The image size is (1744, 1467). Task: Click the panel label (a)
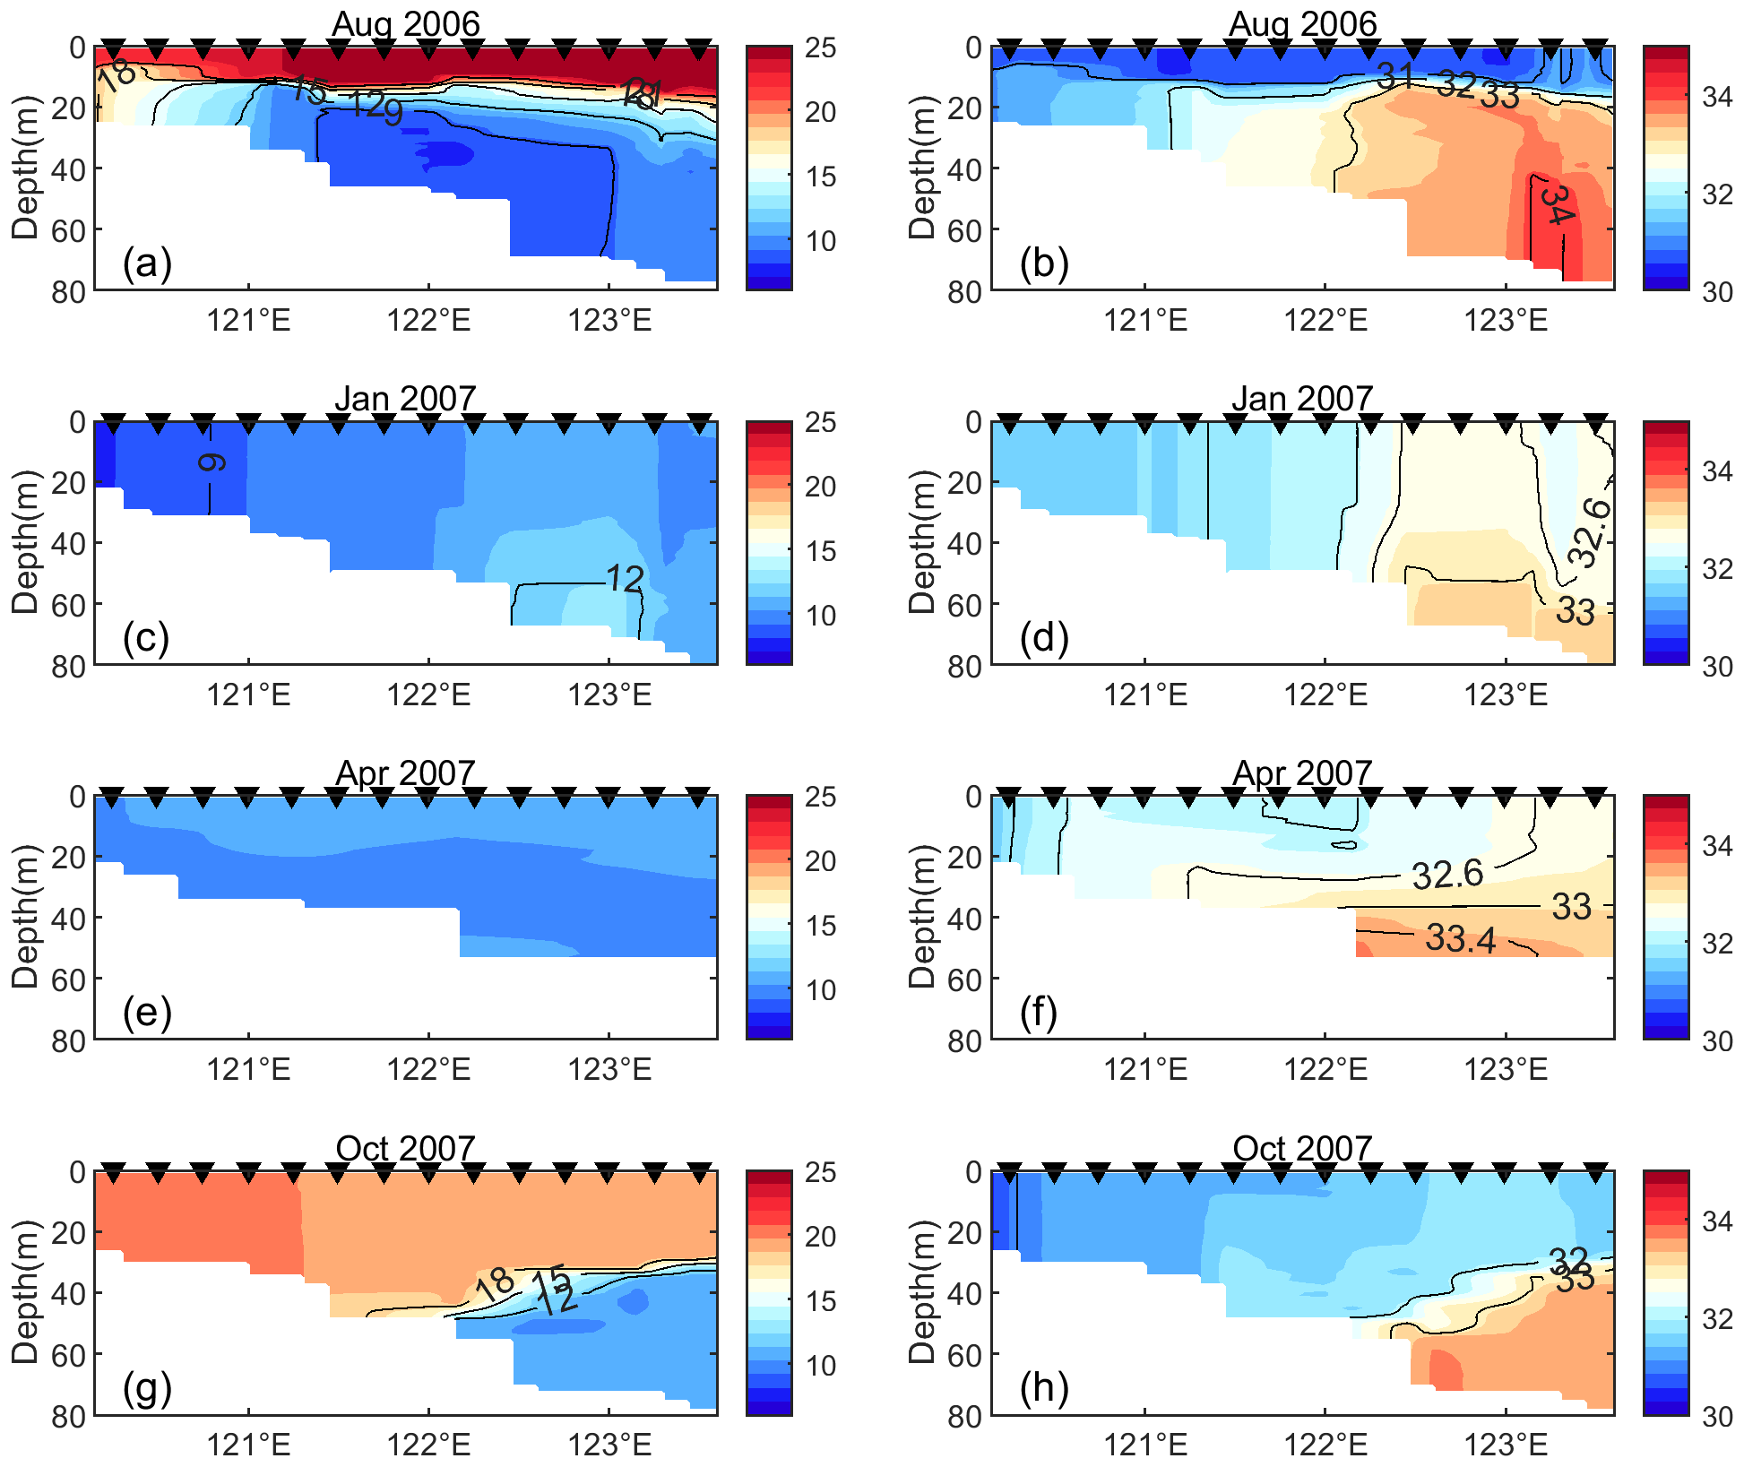tap(147, 264)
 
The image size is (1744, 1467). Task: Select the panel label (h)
tap(1043, 1388)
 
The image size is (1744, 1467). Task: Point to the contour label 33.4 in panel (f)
tap(1460, 938)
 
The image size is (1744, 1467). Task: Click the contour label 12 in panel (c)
tap(625, 580)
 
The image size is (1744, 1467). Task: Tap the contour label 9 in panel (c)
tap(212, 462)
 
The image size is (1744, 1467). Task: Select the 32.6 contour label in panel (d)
tap(1589, 534)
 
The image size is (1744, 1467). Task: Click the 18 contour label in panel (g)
tap(494, 1284)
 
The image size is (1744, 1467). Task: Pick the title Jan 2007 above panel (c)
tap(405, 399)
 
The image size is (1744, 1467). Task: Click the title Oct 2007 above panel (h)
tap(1302, 1149)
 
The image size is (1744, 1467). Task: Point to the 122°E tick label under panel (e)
tap(428, 1069)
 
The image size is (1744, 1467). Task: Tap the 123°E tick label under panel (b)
tap(1506, 320)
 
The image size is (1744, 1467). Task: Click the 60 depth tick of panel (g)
tap(68, 1355)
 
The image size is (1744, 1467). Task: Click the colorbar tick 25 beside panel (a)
tap(820, 48)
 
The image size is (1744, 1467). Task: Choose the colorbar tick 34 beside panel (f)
tap(1717, 846)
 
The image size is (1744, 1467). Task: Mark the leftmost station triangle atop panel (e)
tap(112, 797)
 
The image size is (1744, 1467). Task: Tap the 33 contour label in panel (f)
tap(1571, 907)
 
